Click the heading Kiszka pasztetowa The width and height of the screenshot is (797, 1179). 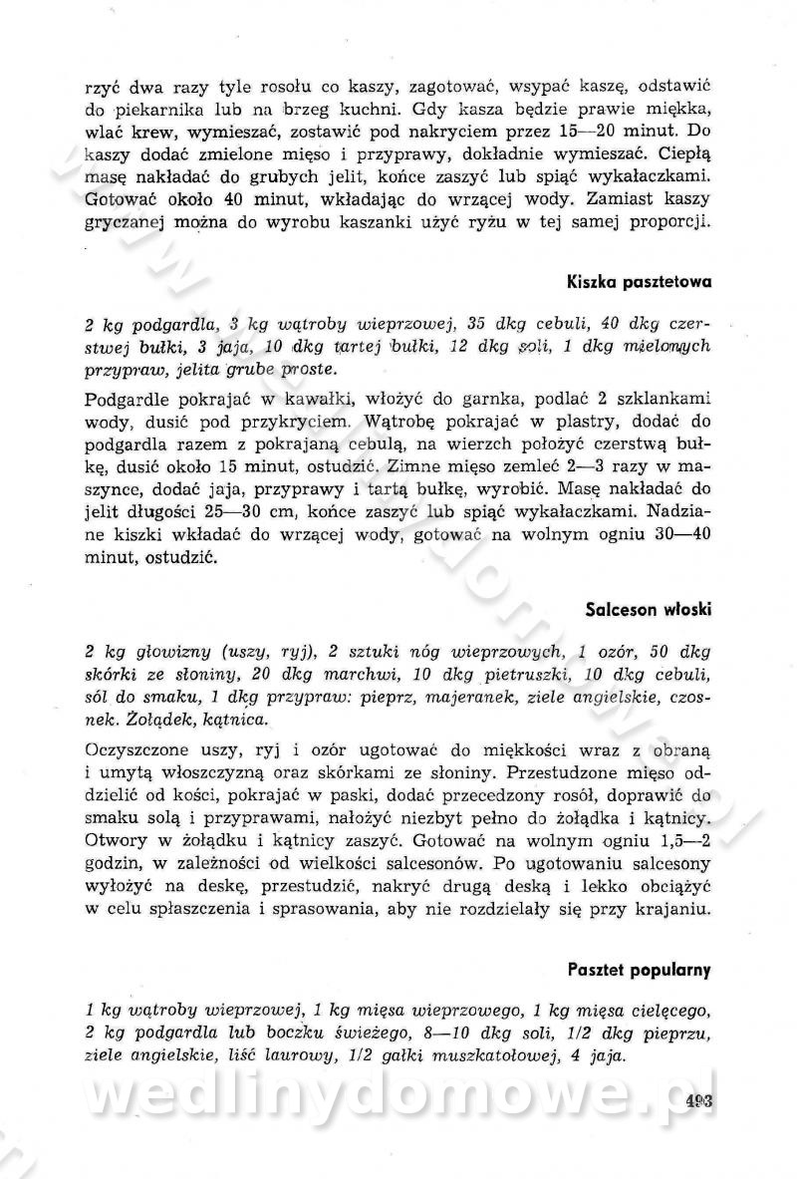click(638, 281)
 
